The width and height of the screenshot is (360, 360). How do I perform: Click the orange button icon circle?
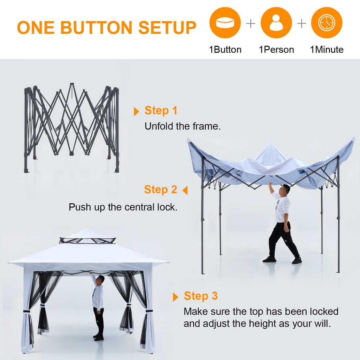225,23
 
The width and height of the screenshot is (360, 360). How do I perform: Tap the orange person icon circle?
276,23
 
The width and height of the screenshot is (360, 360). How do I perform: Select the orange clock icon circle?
327,23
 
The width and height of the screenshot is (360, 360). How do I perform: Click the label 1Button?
225,50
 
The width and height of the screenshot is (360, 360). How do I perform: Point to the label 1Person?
276,50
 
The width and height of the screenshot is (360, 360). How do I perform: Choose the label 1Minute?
327,50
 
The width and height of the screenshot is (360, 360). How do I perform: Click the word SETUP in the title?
167,28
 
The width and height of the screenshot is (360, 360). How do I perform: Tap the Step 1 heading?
161,110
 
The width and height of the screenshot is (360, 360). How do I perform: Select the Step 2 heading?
161,189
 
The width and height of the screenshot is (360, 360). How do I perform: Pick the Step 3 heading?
201,296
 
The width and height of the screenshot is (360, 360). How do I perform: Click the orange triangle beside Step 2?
185,191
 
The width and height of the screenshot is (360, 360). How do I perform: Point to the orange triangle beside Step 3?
176,297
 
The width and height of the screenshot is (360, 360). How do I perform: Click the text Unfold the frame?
183,126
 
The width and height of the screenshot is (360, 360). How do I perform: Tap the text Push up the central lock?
123,207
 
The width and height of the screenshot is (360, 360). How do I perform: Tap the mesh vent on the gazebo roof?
87,241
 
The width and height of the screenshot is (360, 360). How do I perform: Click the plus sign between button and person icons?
251,24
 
